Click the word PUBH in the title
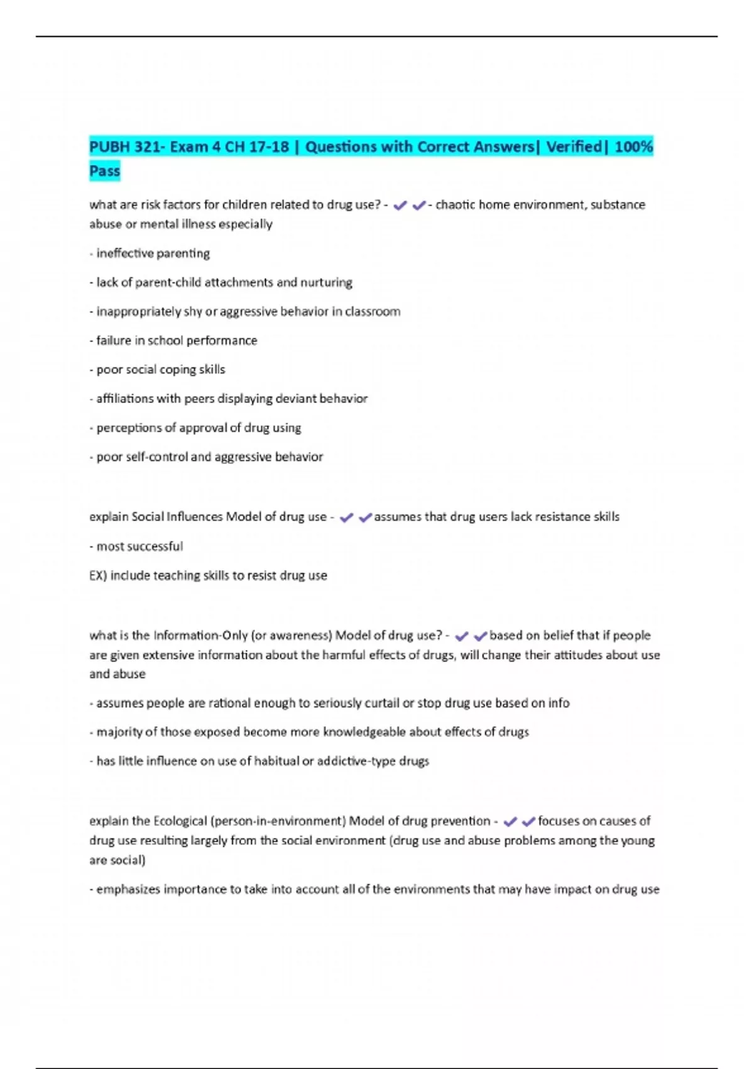(110, 147)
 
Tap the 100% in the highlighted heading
(633, 147)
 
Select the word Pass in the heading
(104, 171)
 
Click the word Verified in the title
(574, 147)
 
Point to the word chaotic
(455, 205)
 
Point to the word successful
(157, 546)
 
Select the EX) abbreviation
(98, 575)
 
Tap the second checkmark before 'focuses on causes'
(528, 822)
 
